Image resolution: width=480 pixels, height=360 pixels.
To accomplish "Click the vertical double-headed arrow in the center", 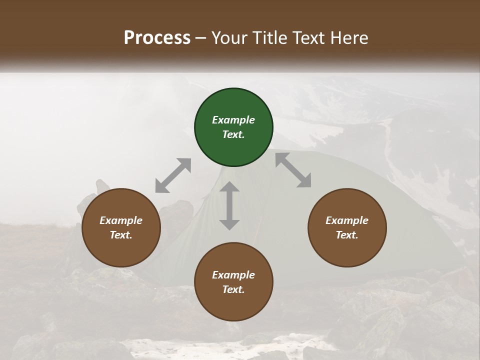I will pos(229,205).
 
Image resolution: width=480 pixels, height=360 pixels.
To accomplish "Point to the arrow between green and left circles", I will pos(173,175).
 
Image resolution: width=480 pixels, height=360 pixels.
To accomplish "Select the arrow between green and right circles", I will pos(293,170).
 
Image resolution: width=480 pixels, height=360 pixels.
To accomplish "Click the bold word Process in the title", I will pos(157,37).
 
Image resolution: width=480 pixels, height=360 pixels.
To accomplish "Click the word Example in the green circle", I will pos(233,120).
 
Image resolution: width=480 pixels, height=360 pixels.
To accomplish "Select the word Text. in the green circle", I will pos(233,134).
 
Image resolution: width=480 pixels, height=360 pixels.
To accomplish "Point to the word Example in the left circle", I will pos(121,220).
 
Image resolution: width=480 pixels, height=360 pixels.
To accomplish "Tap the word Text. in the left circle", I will pos(121,235).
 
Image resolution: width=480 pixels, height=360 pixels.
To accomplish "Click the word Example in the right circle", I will pos(347,220).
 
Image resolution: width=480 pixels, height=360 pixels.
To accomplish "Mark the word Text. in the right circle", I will pos(347,235).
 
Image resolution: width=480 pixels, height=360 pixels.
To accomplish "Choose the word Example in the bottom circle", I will pos(233,275).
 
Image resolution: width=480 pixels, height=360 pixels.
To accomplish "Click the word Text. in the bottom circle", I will pos(233,289).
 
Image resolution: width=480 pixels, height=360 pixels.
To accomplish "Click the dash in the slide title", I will pos(201,38).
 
